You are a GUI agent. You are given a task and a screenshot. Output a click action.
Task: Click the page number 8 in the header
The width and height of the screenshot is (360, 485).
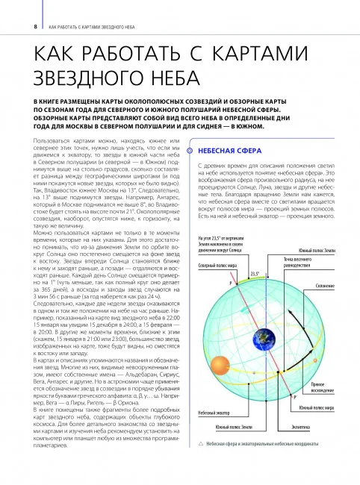tap(34, 27)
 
